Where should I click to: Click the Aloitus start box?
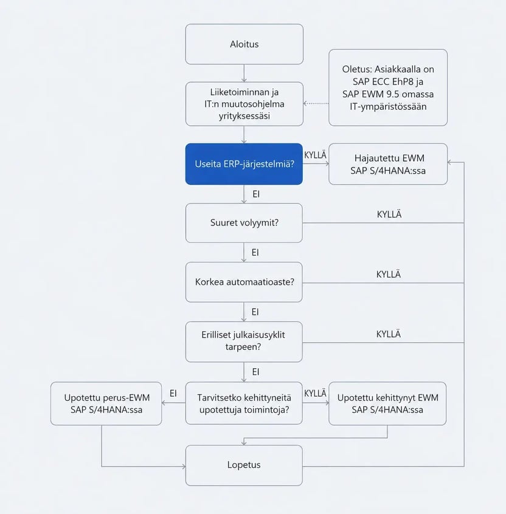click(x=244, y=44)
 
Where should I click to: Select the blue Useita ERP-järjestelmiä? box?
click(x=244, y=164)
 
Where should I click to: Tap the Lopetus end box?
click(x=244, y=465)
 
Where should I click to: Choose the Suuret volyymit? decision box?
click(x=244, y=223)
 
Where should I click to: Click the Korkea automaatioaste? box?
click(x=244, y=282)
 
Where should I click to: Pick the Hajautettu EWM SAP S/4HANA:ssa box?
click(x=388, y=164)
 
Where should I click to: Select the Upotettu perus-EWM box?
click(x=106, y=403)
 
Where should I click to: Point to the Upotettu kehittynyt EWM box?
click(x=387, y=403)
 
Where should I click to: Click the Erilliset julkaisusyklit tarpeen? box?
click(x=244, y=341)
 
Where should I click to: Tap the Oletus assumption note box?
click(x=388, y=87)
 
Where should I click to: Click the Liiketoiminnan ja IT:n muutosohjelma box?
click(x=244, y=104)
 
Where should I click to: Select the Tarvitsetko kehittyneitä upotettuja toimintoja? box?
click(x=244, y=403)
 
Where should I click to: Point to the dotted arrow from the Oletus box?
click(x=316, y=103)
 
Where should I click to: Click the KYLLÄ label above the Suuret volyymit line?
click(x=389, y=214)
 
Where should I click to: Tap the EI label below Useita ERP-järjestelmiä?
click(x=256, y=194)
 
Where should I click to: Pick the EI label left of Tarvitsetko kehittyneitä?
click(x=173, y=393)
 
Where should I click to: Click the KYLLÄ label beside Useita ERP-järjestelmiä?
click(x=316, y=155)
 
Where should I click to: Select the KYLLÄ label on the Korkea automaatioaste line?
click(x=389, y=274)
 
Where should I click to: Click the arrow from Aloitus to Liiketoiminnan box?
click(x=244, y=73)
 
